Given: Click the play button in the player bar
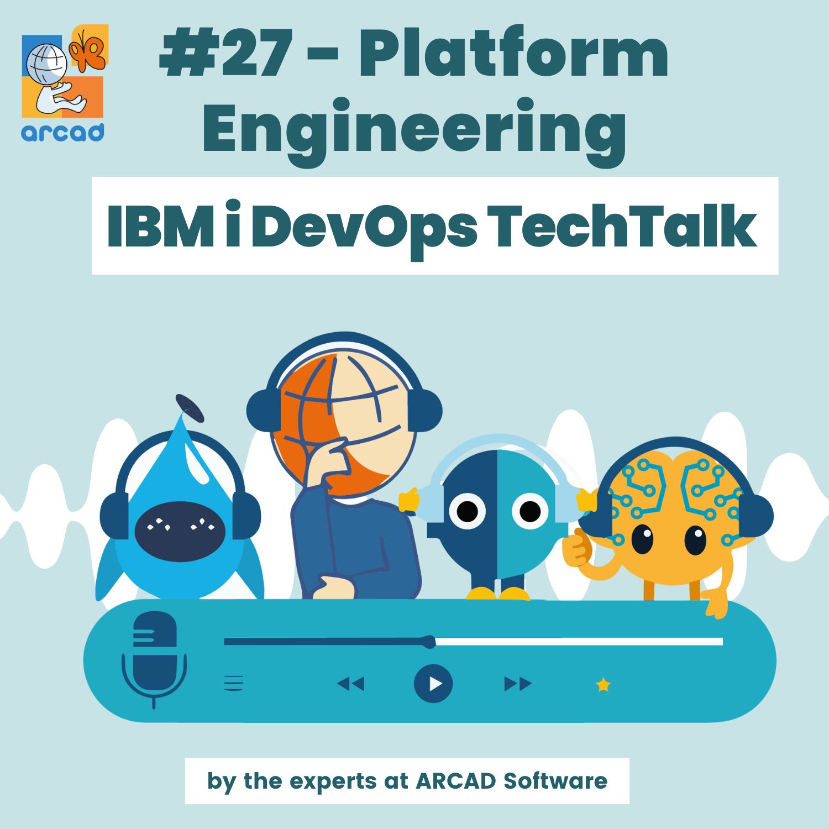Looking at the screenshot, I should tap(433, 684).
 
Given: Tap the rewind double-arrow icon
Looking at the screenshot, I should tap(351, 684).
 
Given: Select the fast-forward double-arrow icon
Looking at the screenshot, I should tap(518, 684).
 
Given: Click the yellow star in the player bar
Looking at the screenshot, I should tap(603, 685).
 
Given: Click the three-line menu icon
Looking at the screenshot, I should tap(234, 683).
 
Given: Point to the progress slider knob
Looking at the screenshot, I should tap(429, 642).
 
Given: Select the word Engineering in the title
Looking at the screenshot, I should tap(414, 130).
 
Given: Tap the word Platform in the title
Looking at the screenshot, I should tap(514, 54).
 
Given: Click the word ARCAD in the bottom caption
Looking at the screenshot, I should tap(456, 781).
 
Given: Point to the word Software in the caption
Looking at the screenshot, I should tap(555, 781).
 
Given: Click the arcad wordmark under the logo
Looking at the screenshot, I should tap(62, 133).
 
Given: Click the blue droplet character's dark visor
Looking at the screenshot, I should tap(180, 531).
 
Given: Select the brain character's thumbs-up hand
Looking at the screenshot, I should tap(577, 547).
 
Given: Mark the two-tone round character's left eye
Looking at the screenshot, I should tap(468, 511).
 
